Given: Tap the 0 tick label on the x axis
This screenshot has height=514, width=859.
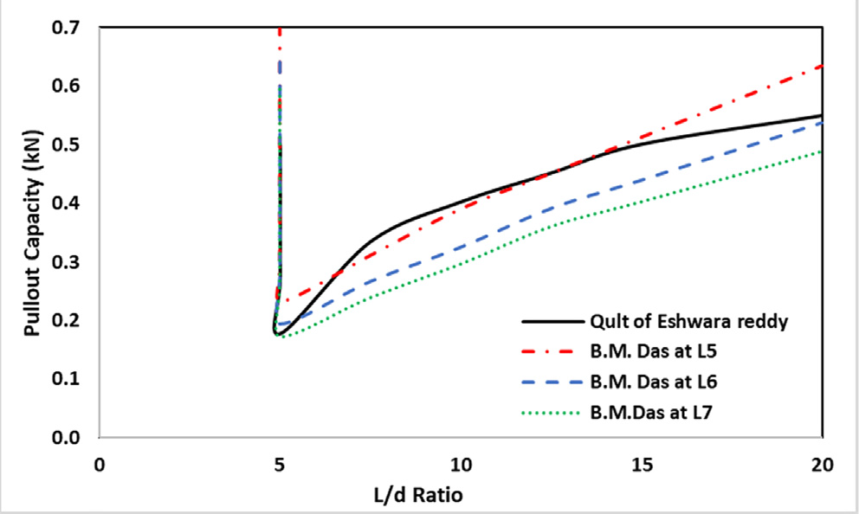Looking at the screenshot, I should click(x=100, y=464).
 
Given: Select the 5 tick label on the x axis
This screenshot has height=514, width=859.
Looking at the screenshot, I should click(x=280, y=464).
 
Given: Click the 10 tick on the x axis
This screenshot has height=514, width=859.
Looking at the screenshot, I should click(x=460, y=464).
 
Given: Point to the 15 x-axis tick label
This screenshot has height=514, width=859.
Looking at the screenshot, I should click(x=641, y=464).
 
